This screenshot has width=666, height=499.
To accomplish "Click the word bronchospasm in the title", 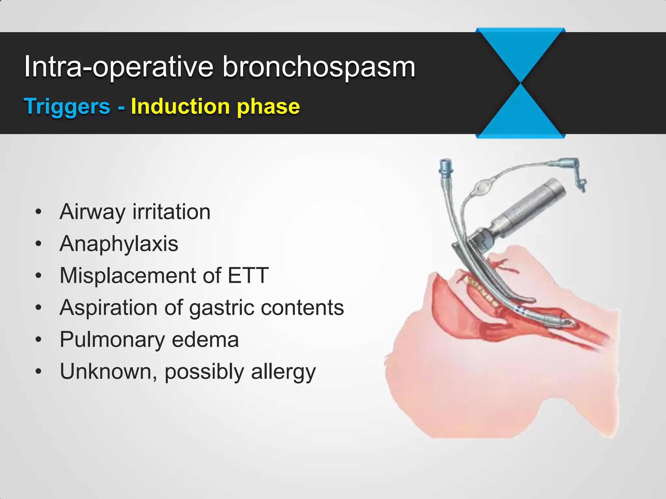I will pos(319,67).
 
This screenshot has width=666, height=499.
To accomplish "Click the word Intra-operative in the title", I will pos(119,67).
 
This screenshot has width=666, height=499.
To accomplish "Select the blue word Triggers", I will pos(67,107).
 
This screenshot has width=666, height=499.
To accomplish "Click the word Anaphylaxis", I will pos(119,244).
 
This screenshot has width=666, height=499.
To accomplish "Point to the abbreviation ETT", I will pos(248,275).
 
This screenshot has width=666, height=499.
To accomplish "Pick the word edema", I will pos(205,339).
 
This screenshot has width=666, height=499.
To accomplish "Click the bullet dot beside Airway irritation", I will pos(39,212).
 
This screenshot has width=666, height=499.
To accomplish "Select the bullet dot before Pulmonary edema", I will pos(39,340).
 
